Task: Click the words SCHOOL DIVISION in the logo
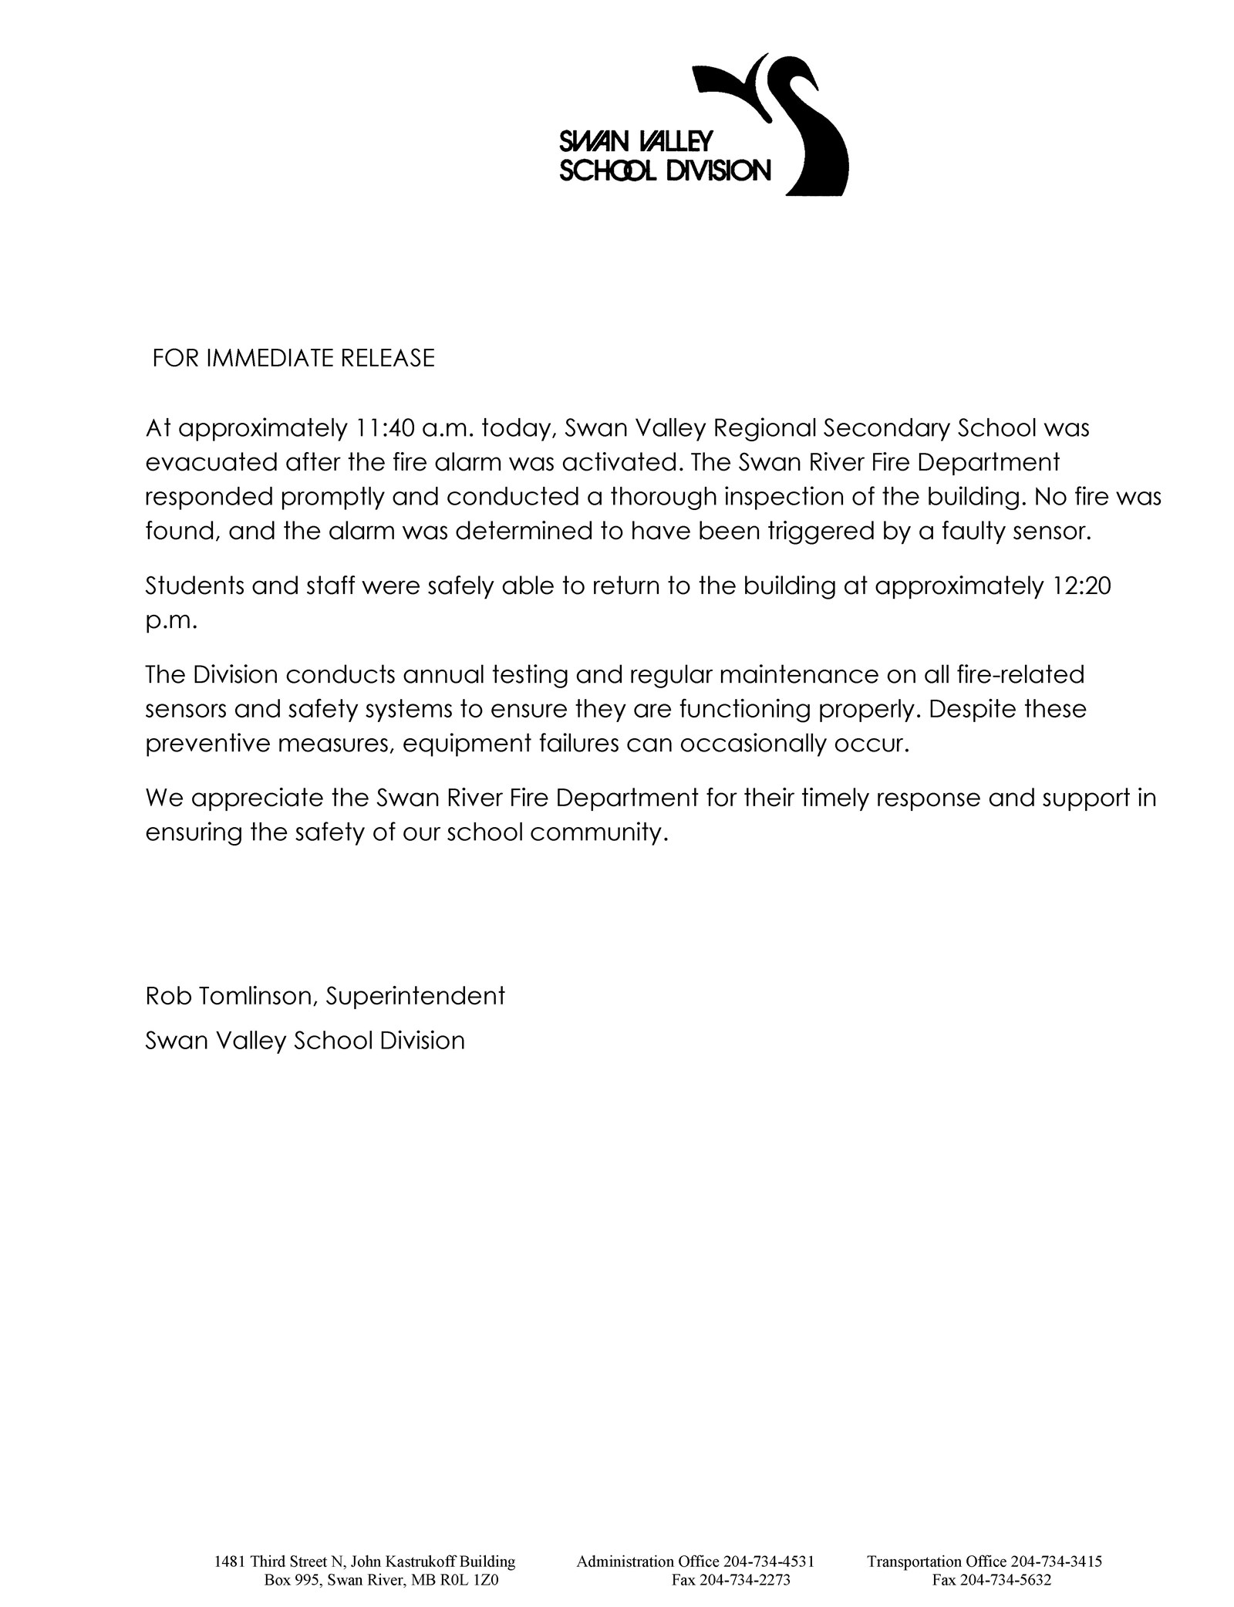[x=664, y=170]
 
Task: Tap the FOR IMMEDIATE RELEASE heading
[x=293, y=358]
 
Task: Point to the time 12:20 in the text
[x=1081, y=586]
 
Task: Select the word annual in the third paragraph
[x=443, y=675]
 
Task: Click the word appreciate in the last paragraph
[x=257, y=798]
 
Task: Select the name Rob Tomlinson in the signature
[x=229, y=996]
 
